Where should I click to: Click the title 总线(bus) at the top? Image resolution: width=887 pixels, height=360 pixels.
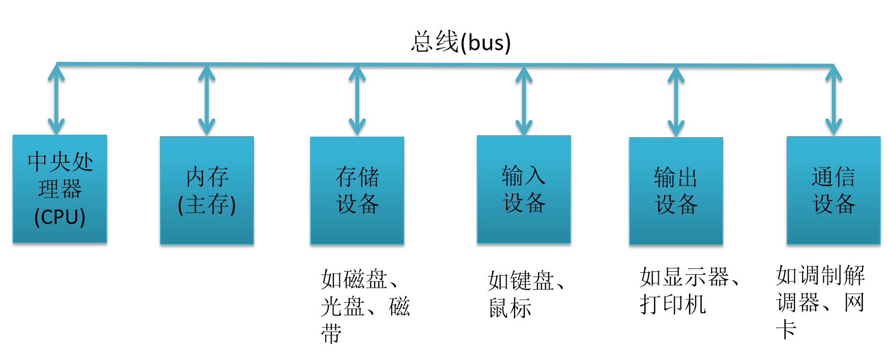[460, 42]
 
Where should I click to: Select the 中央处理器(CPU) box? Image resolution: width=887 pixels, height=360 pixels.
[60, 189]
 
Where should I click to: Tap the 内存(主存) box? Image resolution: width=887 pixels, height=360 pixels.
[207, 190]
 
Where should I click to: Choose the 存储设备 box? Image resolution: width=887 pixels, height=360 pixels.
[357, 190]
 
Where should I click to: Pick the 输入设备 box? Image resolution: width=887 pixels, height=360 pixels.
[524, 189]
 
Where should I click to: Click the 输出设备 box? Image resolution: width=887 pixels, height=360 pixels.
[676, 190]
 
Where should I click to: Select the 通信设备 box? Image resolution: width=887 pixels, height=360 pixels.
[833, 190]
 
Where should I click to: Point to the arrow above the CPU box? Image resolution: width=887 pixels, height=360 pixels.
[56, 99]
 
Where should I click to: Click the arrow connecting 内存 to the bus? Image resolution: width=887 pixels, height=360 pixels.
[207, 100]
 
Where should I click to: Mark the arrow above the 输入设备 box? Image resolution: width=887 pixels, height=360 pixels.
[524, 101]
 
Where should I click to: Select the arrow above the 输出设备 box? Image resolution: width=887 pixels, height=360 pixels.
[676, 101]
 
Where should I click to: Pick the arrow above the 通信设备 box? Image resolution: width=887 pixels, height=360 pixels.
[833, 101]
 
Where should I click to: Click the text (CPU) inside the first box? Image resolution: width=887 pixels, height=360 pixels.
[60, 217]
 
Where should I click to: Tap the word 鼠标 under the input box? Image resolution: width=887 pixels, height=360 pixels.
[510, 308]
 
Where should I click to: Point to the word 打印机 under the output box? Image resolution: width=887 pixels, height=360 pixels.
[673, 305]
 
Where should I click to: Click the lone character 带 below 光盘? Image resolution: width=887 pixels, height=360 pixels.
[332, 334]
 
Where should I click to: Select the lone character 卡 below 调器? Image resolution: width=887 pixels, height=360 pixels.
[786, 330]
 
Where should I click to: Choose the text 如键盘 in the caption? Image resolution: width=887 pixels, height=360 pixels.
[521, 281]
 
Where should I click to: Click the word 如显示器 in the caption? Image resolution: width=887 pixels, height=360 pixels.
[684, 277]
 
